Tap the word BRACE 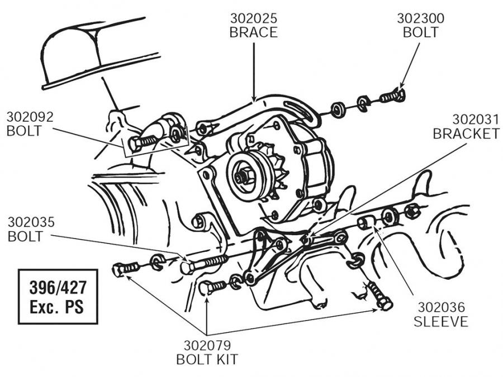coord(253,32)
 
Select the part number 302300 coord(420,17)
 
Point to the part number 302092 coord(30,117)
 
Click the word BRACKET coord(466,134)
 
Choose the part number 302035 coord(31,222)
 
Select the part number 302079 coord(207,345)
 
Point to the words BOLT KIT coord(207,359)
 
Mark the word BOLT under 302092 coord(23,132)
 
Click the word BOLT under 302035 coord(25,236)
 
